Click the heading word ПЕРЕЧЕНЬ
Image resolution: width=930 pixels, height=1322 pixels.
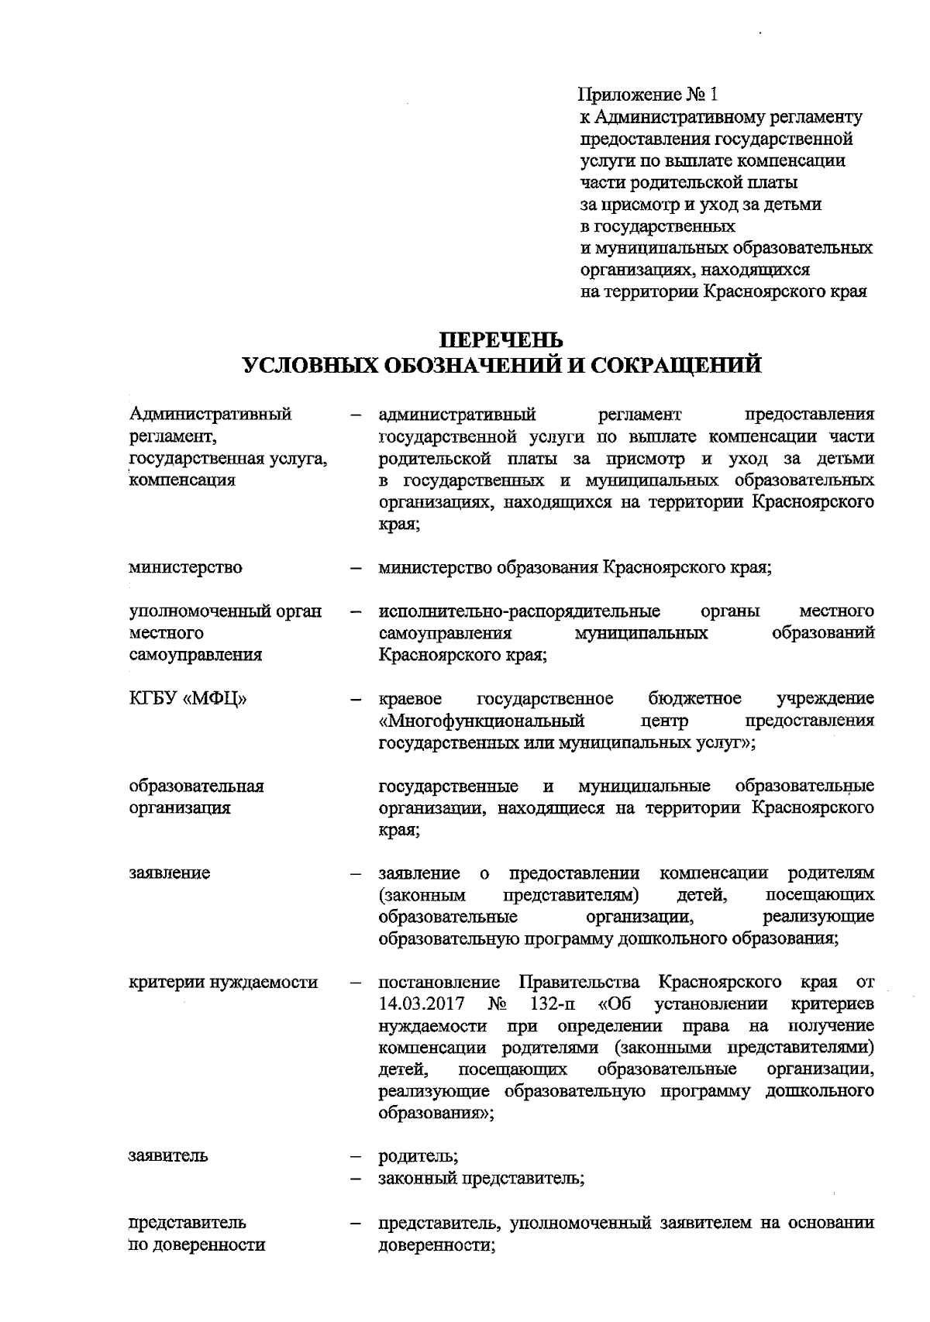502,340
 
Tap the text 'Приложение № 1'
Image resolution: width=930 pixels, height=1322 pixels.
649,95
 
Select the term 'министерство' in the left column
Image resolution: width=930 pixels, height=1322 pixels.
185,567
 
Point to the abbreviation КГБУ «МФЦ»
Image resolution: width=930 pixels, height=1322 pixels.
188,698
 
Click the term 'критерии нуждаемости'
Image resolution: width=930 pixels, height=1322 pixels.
223,982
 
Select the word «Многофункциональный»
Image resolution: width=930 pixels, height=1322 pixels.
481,721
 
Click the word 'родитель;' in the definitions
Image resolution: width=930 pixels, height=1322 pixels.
418,1156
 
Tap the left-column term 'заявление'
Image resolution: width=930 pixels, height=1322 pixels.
169,873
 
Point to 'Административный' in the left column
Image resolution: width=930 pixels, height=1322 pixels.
210,414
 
